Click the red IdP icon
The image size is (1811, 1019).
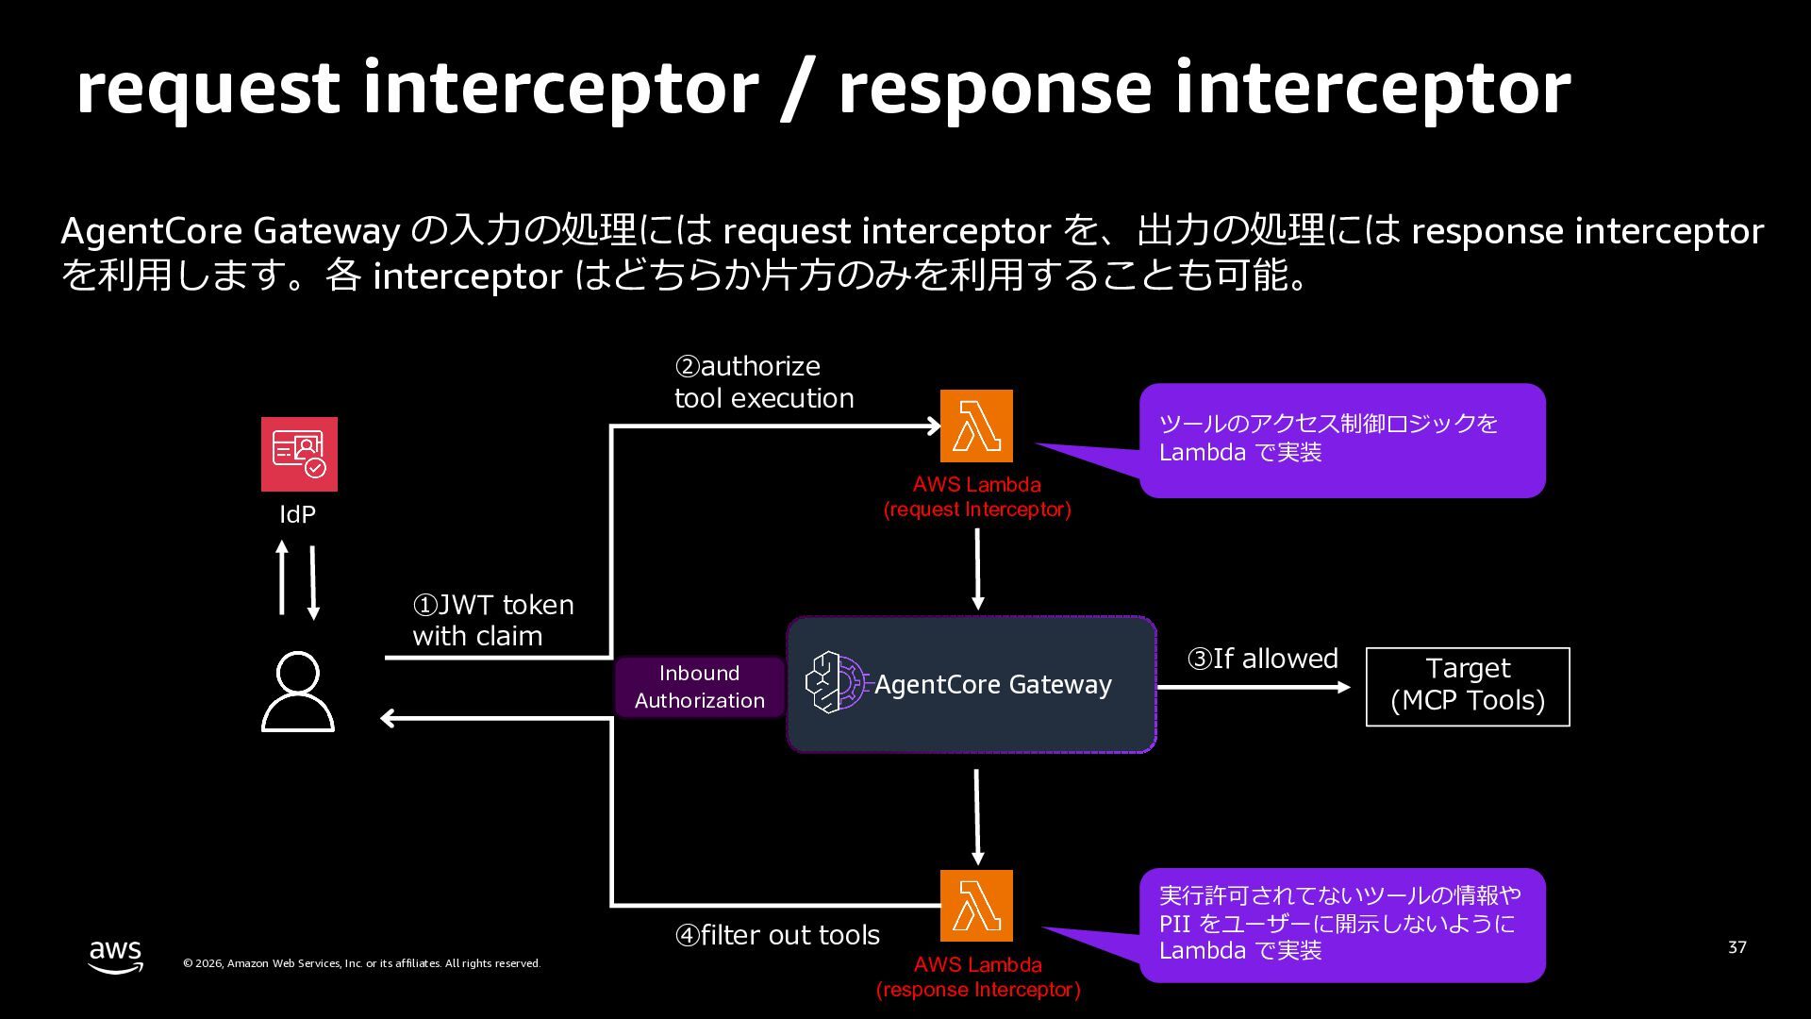[x=299, y=454]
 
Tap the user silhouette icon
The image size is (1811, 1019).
[x=297, y=692]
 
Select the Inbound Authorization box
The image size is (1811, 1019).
[x=699, y=687]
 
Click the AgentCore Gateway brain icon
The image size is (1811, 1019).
[x=835, y=682]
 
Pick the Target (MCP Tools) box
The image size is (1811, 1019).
[x=1468, y=687]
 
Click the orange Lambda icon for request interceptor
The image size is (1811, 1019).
[x=976, y=426]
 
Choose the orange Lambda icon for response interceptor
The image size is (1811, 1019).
[x=976, y=905]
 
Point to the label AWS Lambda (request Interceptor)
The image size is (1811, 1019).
[x=977, y=497]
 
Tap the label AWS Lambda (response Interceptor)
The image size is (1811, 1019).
[x=978, y=977]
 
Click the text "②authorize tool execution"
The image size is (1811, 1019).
[x=764, y=382]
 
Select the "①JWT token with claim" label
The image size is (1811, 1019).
[x=492, y=620]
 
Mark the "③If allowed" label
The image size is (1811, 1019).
[x=1262, y=659]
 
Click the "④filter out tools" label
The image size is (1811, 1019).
[x=777, y=935]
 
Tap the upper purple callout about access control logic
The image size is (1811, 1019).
[x=1341, y=440]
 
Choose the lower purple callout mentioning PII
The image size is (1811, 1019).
[x=1341, y=924]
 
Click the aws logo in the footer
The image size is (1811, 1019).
[x=115, y=955]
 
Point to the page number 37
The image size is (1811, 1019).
[x=1736, y=947]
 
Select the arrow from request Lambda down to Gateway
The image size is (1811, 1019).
[x=977, y=569]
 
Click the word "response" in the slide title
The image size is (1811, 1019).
[x=995, y=90]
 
